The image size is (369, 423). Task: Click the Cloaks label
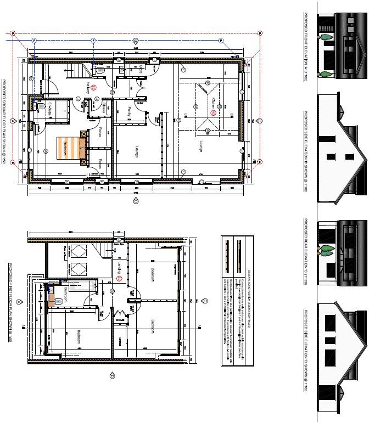click(104, 108)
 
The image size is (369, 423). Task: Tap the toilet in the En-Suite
click(38, 108)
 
